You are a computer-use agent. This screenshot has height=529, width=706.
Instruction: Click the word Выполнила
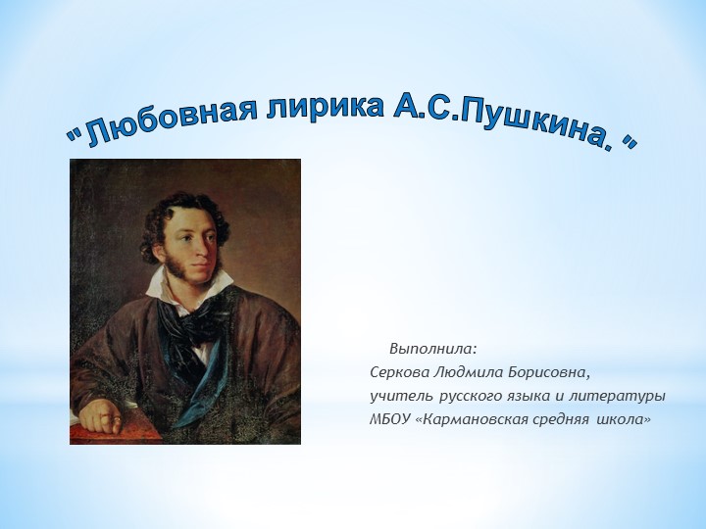coord(432,349)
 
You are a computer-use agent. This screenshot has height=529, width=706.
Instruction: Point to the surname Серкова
coord(398,373)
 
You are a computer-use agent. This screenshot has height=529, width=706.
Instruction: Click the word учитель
coord(397,397)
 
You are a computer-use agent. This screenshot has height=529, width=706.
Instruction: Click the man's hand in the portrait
coord(102,417)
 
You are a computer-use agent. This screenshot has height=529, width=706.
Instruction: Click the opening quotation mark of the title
coord(72,136)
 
